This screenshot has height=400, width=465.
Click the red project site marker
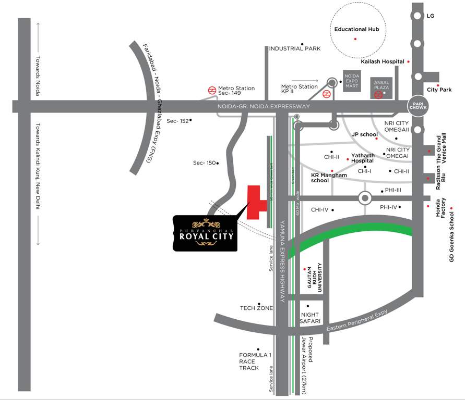[x=255, y=202]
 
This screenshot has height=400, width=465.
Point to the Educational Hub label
[x=356, y=30]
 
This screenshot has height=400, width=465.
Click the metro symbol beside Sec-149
[x=212, y=90]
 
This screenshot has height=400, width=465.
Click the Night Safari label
[x=309, y=318]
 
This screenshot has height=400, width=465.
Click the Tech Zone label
[x=256, y=308]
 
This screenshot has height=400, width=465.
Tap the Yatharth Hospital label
[x=363, y=158]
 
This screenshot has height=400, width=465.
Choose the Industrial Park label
[x=294, y=48]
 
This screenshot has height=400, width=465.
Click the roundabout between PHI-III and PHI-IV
[x=364, y=198]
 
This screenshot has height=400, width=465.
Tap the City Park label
[x=439, y=90]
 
